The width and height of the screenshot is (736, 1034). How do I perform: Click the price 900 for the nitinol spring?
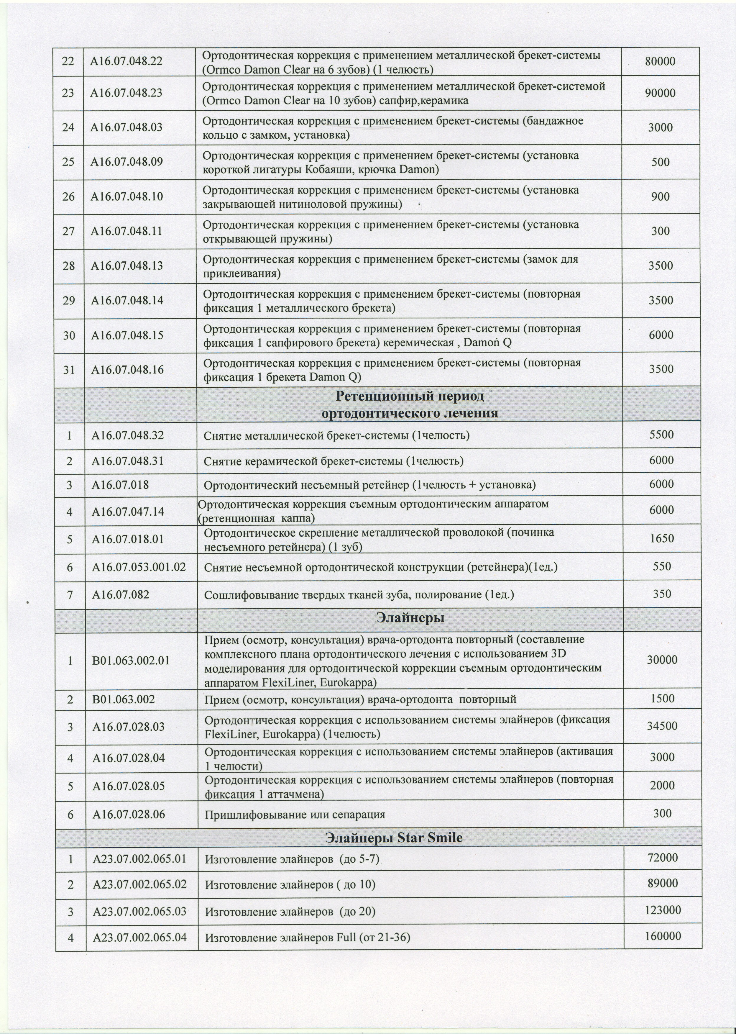coord(660,197)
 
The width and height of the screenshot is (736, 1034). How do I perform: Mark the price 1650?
coord(662,538)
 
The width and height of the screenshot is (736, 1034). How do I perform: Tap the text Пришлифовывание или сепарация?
coord(295,815)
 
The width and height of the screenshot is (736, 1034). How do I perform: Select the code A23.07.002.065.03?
coord(139,911)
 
